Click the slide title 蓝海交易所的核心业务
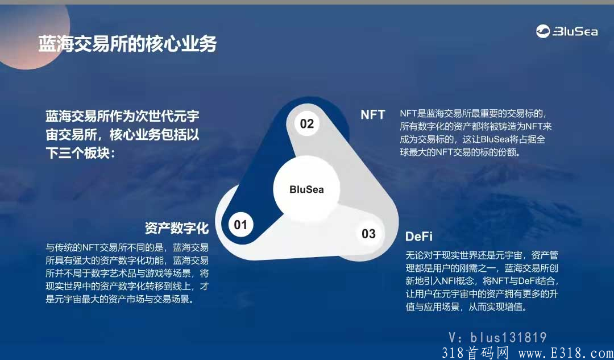[x=127, y=44]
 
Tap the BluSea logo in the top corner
[x=566, y=32]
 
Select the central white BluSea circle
[x=306, y=189]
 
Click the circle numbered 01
[x=241, y=225]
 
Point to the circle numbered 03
[x=368, y=234]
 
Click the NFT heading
[x=373, y=114]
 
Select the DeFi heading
[x=419, y=236]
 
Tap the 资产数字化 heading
[x=177, y=228]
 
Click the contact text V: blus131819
[x=497, y=337]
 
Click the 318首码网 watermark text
[x=475, y=353]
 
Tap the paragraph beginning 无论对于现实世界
[x=483, y=280]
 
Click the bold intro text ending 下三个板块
[x=122, y=135]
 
